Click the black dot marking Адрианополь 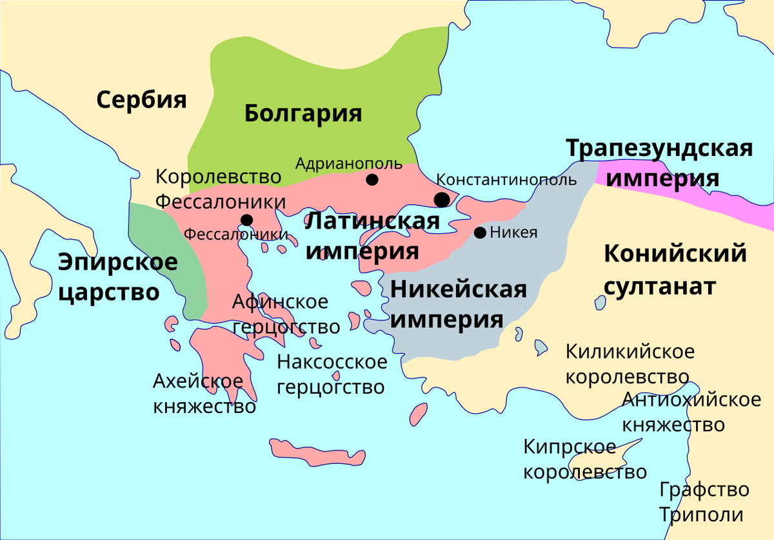click(372, 179)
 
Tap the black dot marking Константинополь click(442, 199)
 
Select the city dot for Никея click(480, 233)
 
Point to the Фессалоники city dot click(246, 220)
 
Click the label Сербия click(141, 100)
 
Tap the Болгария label click(303, 113)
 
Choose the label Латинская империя click(372, 235)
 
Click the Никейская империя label click(459, 304)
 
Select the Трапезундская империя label click(659, 162)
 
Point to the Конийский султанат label click(675, 269)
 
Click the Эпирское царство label click(117, 277)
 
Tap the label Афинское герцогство click(286, 314)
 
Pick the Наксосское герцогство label click(332, 374)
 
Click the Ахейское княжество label click(204, 394)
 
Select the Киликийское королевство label click(630, 364)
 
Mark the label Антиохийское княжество click(691, 412)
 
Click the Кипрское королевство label click(584, 459)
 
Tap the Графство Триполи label click(704, 502)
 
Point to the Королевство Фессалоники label click(220, 188)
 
